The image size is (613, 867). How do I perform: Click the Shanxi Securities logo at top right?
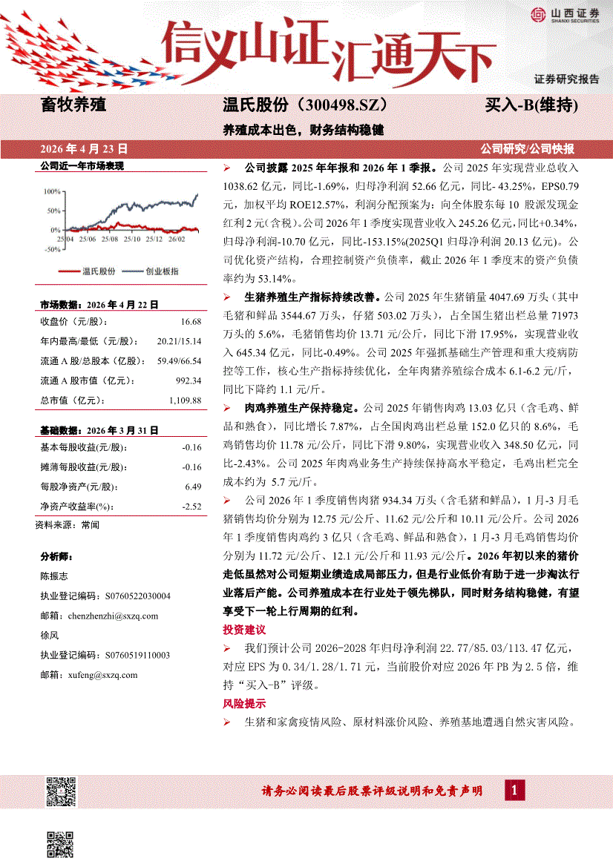tap(565, 15)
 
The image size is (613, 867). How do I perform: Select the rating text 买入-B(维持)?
tap(531, 105)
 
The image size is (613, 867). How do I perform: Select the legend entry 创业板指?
tap(162, 271)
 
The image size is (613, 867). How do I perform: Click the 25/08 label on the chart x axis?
tap(109, 239)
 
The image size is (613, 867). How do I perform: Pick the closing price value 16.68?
tap(191, 321)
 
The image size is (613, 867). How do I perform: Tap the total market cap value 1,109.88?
tap(186, 400)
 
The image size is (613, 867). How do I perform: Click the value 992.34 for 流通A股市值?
tap(189, 380)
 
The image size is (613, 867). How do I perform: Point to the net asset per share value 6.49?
tap(193, 487)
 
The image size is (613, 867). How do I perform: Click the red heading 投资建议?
tap(244, 630)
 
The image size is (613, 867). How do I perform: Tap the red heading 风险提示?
tap(244, 703)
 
